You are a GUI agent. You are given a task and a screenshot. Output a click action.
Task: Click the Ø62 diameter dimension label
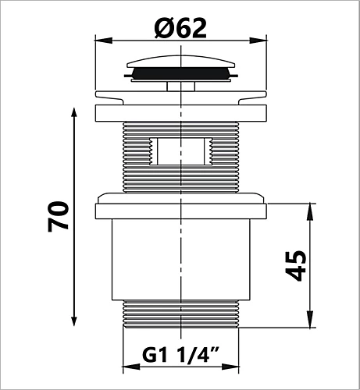point(180,28)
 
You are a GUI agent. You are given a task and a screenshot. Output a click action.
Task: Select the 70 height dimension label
point(58,216)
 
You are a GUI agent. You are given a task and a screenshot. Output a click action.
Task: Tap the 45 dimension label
point(296,266)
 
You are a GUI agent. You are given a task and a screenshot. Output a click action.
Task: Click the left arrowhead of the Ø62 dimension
point(103,41)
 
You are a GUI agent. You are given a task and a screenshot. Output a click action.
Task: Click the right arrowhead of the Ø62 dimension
point(258,41)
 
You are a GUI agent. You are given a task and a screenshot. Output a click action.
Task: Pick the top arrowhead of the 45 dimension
point(309,212)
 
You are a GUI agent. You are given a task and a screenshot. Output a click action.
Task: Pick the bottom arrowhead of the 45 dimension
point(309,319)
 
